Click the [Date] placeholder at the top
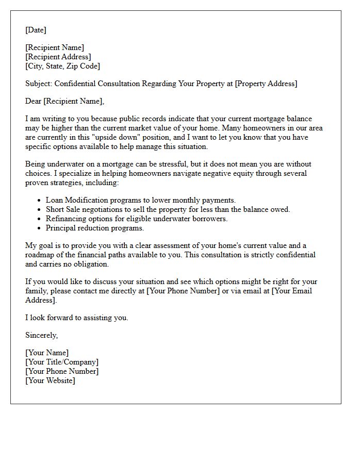point(36,30)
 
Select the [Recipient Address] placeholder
point(58,57)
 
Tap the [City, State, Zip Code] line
point(62,66)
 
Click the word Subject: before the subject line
point(39,84)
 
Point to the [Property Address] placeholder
point(266,84)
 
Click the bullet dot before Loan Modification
point(40,200)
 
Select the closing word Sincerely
point(41,335)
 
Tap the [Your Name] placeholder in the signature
point(47,353)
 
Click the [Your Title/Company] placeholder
point(61,362)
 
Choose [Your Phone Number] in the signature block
point(61,371)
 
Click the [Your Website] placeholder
point(50,380)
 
